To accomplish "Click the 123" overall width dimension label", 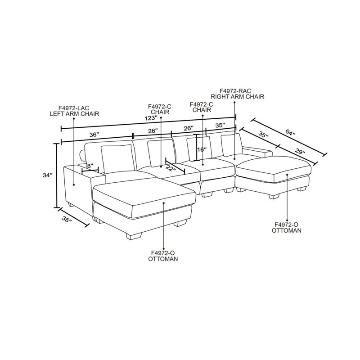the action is [151, 118].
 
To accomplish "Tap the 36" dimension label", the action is [94, 135].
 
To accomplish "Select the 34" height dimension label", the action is [48, 175].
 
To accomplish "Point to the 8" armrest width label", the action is [90, 165].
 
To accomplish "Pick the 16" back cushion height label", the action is [202, 150].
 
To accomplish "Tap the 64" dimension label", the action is [290, 133].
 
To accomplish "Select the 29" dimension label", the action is [300, 152].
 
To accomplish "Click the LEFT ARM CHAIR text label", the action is [74, 114].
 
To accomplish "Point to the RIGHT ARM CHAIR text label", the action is [238, 96].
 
